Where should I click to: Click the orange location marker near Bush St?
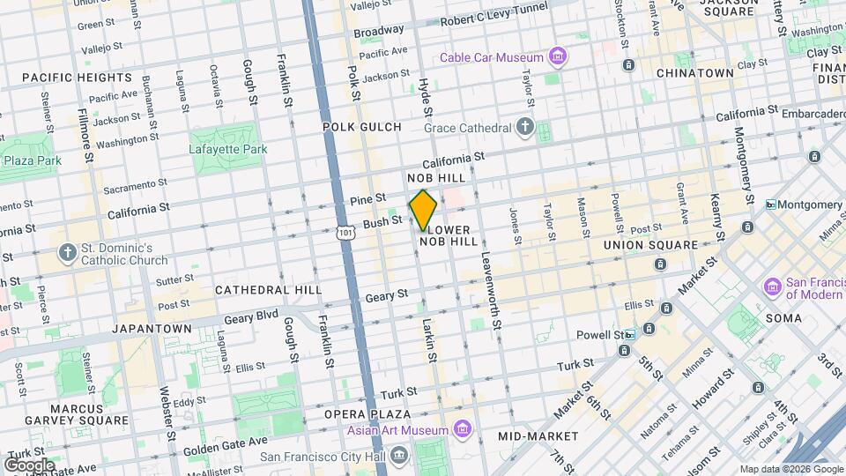423,211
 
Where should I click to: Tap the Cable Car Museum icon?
556,58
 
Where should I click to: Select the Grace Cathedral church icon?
525,128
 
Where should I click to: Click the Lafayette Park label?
227,149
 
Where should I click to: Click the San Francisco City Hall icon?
400,457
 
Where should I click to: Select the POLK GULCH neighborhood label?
361,127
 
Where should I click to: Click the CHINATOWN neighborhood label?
694,72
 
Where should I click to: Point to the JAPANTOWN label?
152,329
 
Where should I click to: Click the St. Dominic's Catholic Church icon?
67,254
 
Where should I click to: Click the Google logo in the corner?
29,465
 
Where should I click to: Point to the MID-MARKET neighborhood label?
538,436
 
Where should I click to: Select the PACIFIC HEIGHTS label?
78,78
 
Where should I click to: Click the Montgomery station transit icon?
770,205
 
